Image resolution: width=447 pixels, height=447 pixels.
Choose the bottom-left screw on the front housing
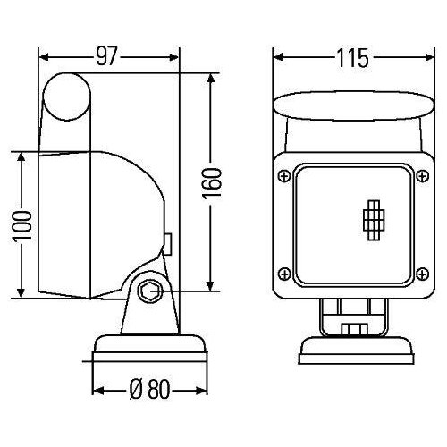(285, 274)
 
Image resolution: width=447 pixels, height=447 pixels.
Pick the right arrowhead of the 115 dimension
(417, 59)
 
